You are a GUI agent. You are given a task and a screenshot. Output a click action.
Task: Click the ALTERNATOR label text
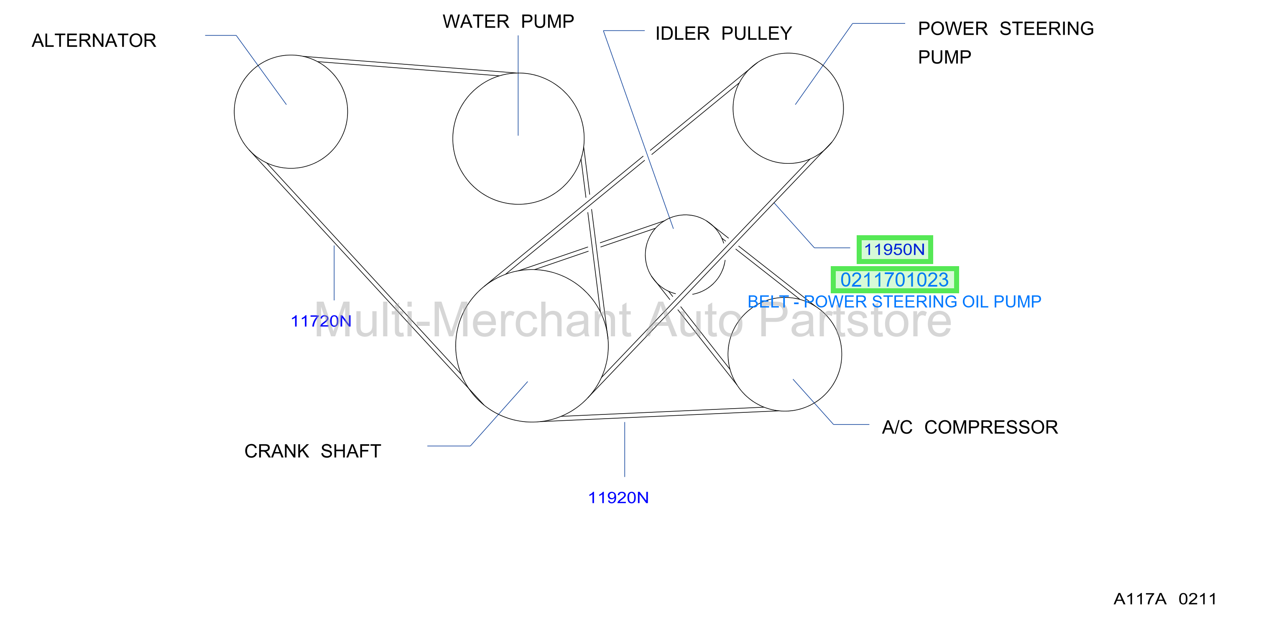94,40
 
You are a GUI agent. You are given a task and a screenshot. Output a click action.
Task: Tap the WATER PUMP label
508,22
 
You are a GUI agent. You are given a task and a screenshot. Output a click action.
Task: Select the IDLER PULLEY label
723,33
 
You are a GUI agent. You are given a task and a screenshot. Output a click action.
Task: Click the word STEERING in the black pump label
1046,28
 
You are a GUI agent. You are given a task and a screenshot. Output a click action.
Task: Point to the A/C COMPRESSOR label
970,427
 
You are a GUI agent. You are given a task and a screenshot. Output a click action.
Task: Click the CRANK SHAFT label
313,451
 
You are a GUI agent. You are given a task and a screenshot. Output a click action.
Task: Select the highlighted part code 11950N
894,249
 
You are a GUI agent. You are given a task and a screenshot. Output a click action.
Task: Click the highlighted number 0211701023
894,280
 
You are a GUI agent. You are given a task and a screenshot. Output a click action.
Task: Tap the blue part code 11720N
321,321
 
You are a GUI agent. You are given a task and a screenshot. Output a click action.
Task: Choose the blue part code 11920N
618,498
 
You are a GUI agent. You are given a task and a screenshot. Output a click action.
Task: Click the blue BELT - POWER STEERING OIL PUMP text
894,301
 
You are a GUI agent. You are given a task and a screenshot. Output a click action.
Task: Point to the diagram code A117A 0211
1165,599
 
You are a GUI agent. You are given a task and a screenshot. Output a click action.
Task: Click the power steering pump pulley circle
843,108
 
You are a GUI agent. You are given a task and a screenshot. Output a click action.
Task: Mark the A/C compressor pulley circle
841,354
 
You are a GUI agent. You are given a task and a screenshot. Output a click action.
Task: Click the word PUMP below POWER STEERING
944,57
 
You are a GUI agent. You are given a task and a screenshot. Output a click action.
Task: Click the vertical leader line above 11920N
625,450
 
